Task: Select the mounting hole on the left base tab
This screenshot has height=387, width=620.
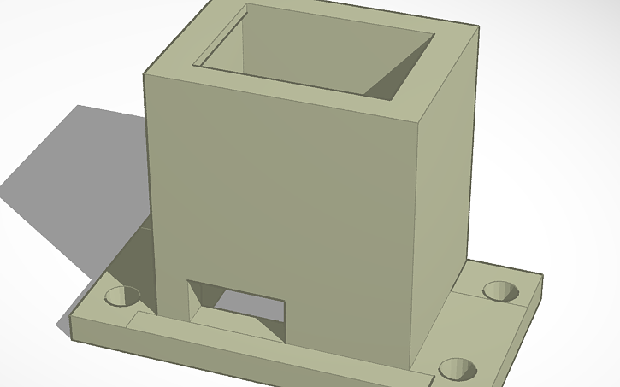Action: tap(121, 296)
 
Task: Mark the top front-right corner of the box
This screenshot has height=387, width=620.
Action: tap(425, 120)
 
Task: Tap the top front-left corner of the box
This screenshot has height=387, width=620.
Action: tap(145, 74)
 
